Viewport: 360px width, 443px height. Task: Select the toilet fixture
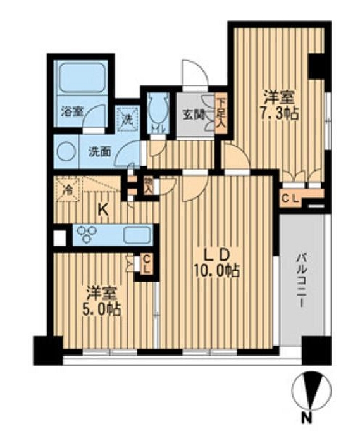click(x=157, y=109)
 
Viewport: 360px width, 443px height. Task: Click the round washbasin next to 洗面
click(x=65, y=152)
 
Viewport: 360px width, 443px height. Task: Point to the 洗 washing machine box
click(x=127, y=116)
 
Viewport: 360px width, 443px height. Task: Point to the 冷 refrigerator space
click(x=66, y=189)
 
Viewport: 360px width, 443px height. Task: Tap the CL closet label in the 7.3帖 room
click(x=290, y=198)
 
